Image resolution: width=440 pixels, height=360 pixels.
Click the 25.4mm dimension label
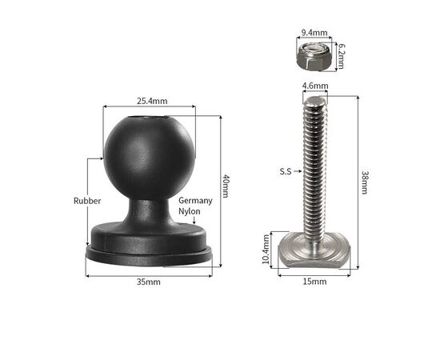152,101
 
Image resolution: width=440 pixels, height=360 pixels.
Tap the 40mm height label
226,186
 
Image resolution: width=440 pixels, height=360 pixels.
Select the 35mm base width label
149,282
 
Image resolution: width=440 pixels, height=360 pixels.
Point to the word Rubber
87,201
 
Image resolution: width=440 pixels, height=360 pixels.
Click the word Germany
195,201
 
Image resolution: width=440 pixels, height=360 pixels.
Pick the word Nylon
190,211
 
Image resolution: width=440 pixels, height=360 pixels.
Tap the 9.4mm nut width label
314,33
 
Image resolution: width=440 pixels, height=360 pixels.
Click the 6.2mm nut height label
341,56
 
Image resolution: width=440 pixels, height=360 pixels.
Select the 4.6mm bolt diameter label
315,86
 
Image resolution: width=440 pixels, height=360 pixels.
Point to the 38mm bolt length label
364,182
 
